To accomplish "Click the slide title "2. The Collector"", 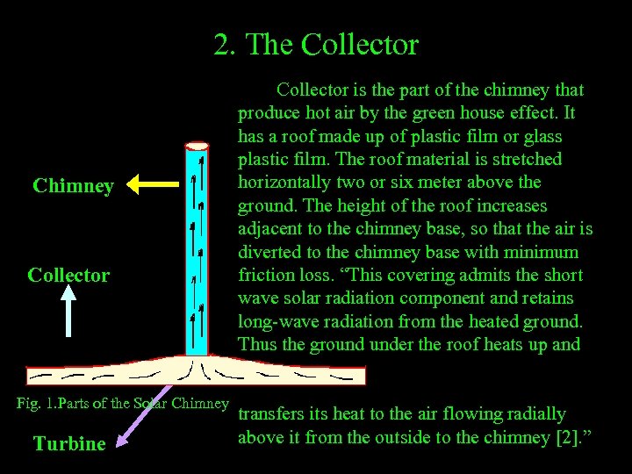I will pyautogui.click(x=316, y=44).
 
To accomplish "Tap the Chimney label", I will pyautogui.click(x=73, y=186).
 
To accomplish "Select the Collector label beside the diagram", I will pyautogui.click(x=68, y=275).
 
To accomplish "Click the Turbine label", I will pyautogui.click(x=69, y=443).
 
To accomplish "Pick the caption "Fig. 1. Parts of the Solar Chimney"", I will pyautogui.click(x=123, y=404).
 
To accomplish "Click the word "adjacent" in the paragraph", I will pyautogui.click(x=271, y=229).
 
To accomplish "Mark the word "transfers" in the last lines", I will pyautogui.click(x=274, y=413).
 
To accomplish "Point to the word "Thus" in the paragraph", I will pyautogui.click(x=257, y=344).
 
